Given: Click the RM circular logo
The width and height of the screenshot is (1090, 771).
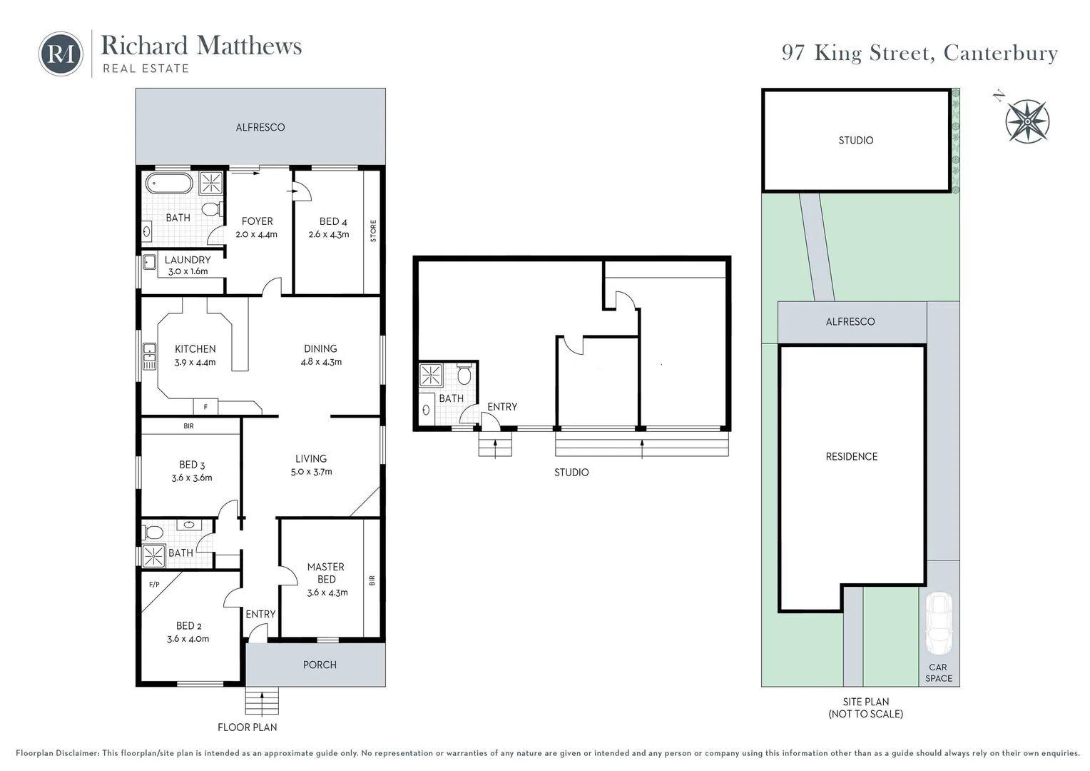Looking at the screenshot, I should pyautogui.click(x=61, y=54).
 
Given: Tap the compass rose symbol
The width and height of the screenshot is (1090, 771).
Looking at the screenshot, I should pyautogui.click(x=1027, y=121).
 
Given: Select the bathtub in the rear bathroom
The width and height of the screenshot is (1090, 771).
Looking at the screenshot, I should pyautogui.click(x=169, y=183).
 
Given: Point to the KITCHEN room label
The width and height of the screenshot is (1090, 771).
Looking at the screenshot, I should pyautogui.click(x=195, y=349).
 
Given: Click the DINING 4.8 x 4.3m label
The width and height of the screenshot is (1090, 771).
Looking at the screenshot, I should pyautogui.click(x=320, y=355).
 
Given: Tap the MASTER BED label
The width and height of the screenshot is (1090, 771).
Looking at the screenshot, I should pyautogui.click(x=326, y=573).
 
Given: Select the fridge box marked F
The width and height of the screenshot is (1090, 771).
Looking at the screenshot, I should pyautogui.click(x=205, y=407).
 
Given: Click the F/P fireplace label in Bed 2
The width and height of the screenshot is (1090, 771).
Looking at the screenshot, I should pyautogui.click(x=154, y=585).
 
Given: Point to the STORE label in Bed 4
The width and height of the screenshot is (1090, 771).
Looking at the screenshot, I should pyautogui.click(x=373, y=231).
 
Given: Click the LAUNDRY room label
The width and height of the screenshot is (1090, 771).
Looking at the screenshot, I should pyautogui.click(x=188, y=260).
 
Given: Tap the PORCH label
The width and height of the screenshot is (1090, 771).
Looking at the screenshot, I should pyautogui.click(x=320, y=665).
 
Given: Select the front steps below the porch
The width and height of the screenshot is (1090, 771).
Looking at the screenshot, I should pyautogui.click(x=262, y=702).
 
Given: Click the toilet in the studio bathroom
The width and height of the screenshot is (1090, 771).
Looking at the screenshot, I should pyautogui.click(x=464, y=375).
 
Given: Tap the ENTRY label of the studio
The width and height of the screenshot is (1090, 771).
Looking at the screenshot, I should pyautogui.click(x=502, y=407).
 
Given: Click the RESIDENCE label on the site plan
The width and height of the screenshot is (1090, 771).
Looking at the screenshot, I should pyautogui.click(x=851, y=456).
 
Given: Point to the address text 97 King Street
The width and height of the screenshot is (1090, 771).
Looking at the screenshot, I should pyautogui.click(x=920, y=53).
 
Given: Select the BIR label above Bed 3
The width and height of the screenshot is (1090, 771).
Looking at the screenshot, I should pyautogui.click(x=188, y=426).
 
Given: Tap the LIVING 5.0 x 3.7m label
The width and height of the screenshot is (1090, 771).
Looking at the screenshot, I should pyautogui.click(x=311, y=465).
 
